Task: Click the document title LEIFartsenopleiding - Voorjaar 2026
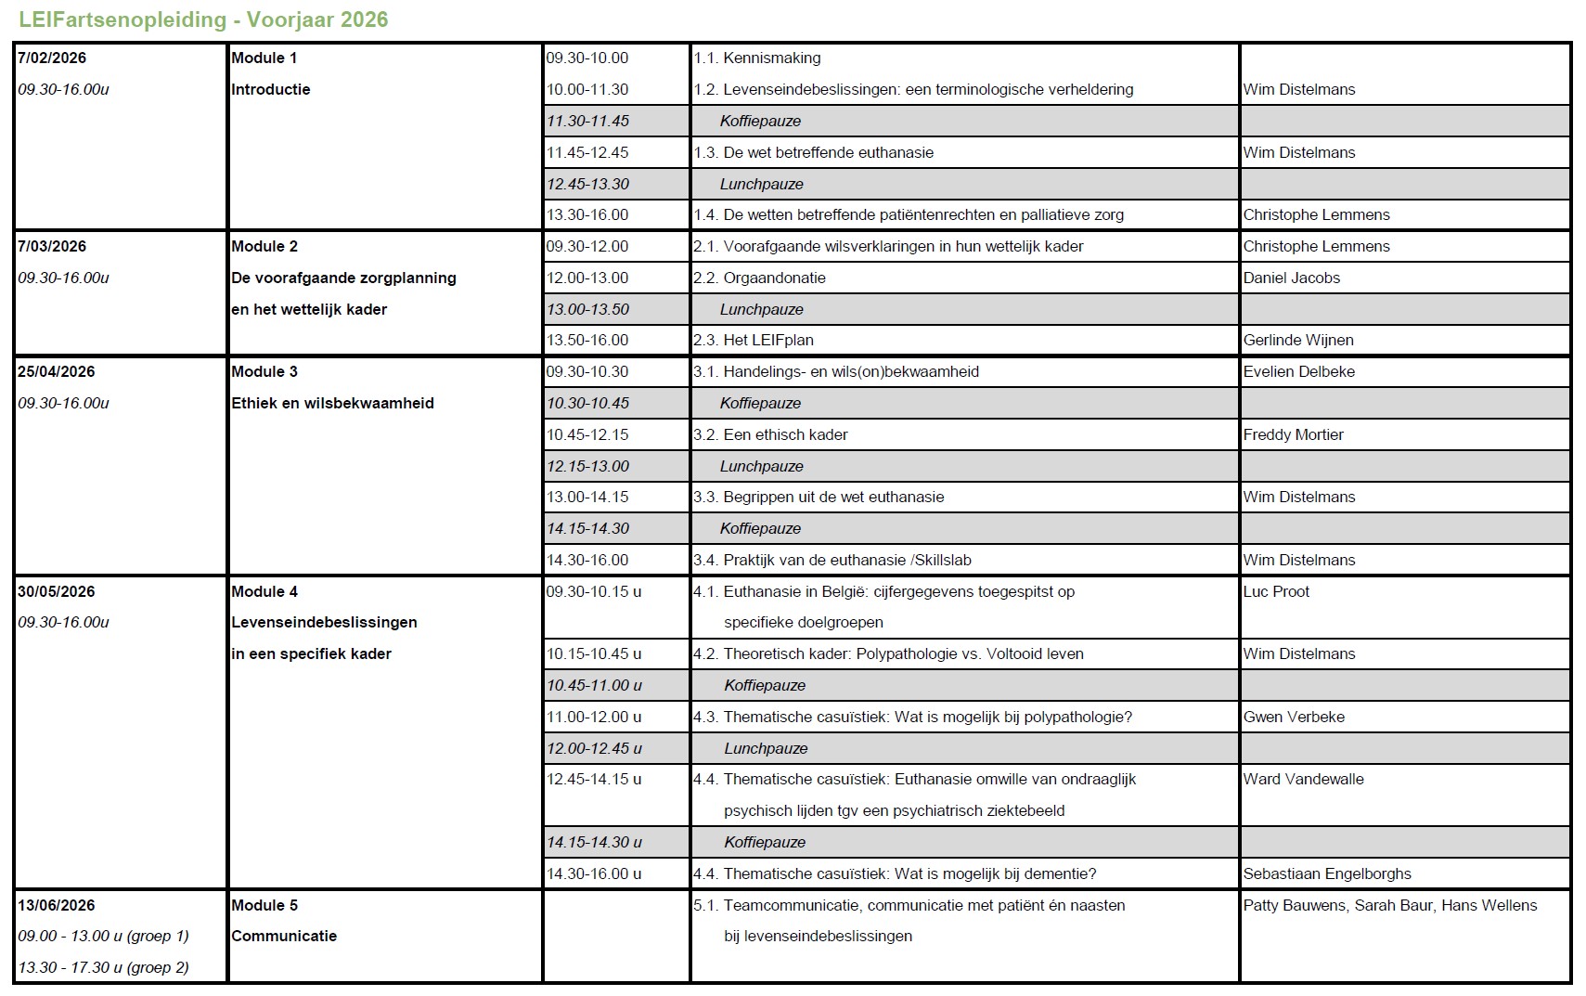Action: (x=203, y=19)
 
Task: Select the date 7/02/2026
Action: (x=52, y=58)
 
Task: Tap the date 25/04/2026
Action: (x=56, y=371)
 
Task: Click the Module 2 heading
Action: (x=264, y=246)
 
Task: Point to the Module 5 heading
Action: (x=264, y=905)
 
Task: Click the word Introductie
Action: (x=270, y=89)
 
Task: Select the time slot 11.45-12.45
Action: (x=587, y=152)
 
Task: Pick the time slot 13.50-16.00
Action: (x=587, y=340)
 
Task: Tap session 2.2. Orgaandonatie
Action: (x=759, y=278)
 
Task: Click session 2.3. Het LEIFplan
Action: (x=754, y=340)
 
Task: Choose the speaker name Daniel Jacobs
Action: (x=1292, y=278)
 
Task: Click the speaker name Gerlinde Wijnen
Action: (x=1298, y=340)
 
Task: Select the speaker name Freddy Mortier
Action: (x=1294, y=434)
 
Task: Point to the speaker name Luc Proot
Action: (x=1276, y=591)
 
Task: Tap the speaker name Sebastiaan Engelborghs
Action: (x=1327, y=873)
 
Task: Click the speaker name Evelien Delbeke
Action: (x=1299, y=371)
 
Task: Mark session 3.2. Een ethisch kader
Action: (x=770, y=434)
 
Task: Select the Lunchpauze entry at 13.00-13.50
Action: (x=762, y=309)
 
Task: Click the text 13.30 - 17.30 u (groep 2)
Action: (x=103, y=967)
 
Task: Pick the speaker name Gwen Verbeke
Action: (x=1294, y=717)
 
